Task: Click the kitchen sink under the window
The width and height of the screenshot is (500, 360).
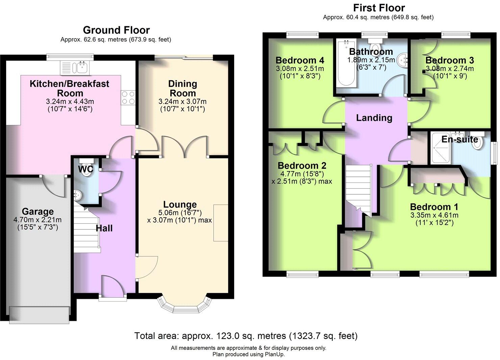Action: point(75,68)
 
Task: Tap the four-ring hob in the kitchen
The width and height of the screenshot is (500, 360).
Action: point(128,98)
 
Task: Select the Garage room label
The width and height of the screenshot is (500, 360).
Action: point(37,212)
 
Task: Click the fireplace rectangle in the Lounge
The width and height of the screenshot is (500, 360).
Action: point(221,223)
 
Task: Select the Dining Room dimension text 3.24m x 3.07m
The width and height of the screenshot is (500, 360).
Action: point(182,101)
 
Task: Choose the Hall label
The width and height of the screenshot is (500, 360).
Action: point(104,228)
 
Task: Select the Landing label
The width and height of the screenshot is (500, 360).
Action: point(374,118)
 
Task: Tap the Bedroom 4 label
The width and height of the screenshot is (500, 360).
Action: point(300,60)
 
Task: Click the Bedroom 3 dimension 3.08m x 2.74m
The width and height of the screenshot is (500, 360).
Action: point(449,69)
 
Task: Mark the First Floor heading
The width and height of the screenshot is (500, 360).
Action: point(379,7)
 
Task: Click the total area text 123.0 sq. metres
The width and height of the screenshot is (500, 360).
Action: point(246,336)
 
